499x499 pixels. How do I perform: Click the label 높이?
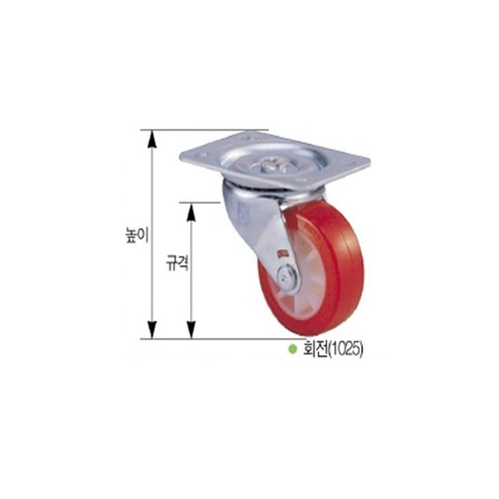[x=137, y=235]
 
